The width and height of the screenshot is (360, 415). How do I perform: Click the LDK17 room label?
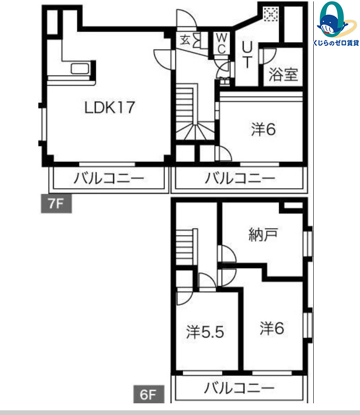pyautogui.click(x=109, y=108)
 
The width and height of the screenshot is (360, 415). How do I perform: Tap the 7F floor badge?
pyautogui.click(x=57, y=204)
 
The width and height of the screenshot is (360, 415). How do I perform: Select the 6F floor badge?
pyautogui.click(x=149, y=394)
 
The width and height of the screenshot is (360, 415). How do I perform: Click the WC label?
pyautogui.click(x=222, y=44)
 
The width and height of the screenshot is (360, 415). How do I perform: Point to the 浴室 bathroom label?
pyautogui.click(x=283, y=74)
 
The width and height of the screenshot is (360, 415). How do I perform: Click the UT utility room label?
pyautogui.click(x=247, y=55)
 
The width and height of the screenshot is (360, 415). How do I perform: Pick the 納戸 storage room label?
pyautogui.click(x=263, y=234)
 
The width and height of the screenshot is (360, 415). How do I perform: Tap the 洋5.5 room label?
pyautogui.click(x=205, y=332)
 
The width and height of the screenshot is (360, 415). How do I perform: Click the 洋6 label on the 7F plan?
pyautogui.click(x=263, y=130)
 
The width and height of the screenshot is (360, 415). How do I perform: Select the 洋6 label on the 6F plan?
pyautogui.click(x=272, y=328)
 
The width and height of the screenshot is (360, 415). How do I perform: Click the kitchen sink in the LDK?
pyautogui.click(x=79, y=69)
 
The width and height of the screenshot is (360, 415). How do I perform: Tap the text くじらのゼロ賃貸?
pyautogui.click(x=336, y=43)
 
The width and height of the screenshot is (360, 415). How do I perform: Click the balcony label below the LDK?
pyautogui.click(x=109, y=178)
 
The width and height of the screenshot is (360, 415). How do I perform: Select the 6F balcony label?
pyautogui.click(x=239, y=388)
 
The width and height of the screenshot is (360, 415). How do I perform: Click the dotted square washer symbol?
pyautogui.click(x=271, y=15)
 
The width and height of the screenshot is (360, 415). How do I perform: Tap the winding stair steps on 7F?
pyautogui.click(x=195, y=131)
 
